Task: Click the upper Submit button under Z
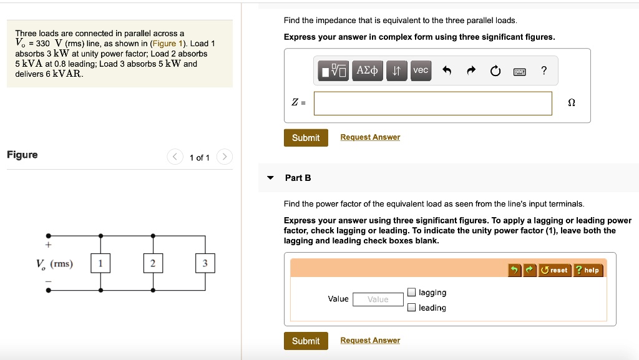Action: (305, 138)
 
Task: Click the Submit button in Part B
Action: (305, 341)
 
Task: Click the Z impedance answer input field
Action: (432, 104)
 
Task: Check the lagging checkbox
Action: (411, 292)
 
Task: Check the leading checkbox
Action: (411, 307)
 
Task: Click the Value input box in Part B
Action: (378, 299)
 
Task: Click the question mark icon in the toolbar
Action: (544, 70)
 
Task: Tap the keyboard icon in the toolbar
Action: (519, 71)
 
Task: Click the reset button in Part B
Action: (554, 270)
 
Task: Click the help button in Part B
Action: (587, 270)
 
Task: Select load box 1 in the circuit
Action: (100, 263)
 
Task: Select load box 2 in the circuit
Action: (152, 263)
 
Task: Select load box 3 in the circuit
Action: (205, 263)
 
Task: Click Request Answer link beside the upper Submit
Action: (370, 137)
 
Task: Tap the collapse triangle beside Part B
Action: (270, 178)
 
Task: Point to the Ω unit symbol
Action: (572, 104)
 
